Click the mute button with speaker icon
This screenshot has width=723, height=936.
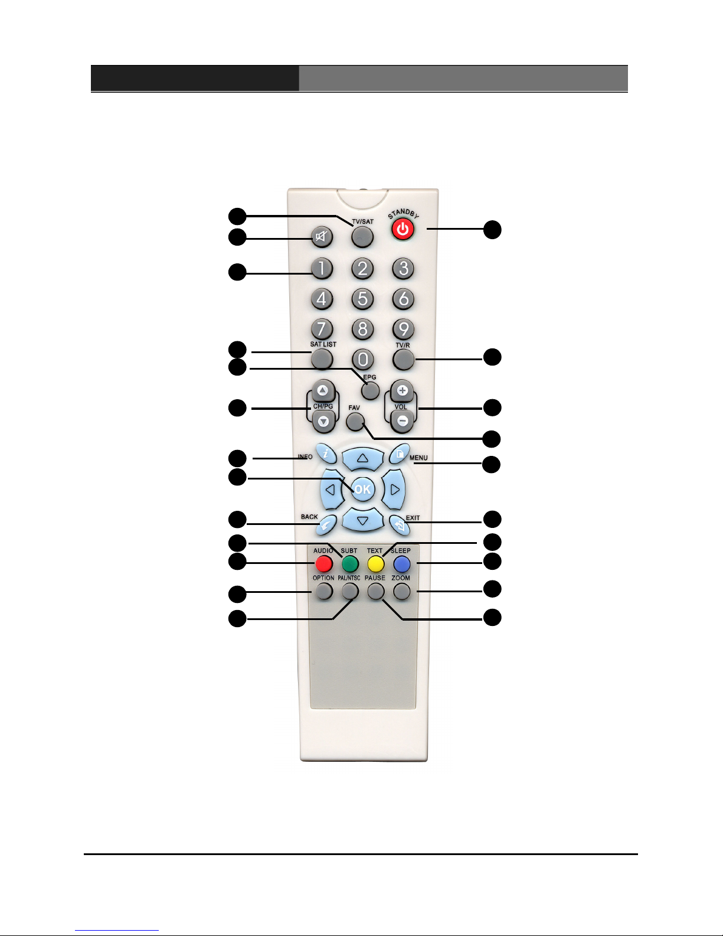322,237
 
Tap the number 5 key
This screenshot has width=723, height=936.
362,299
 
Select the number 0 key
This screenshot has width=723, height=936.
362,359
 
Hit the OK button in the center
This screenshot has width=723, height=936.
362,489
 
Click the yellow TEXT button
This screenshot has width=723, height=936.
376,563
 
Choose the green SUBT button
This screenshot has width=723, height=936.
350,563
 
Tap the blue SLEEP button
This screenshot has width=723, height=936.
402,563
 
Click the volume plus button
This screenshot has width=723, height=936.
402,391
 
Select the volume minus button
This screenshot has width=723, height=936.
402,421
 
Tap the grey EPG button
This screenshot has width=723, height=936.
370,390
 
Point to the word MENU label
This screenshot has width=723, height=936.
418,458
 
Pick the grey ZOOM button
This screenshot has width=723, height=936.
401,591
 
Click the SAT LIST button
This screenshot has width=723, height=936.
322,358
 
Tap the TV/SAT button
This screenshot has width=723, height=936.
362,237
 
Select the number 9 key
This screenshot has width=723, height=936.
403,329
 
